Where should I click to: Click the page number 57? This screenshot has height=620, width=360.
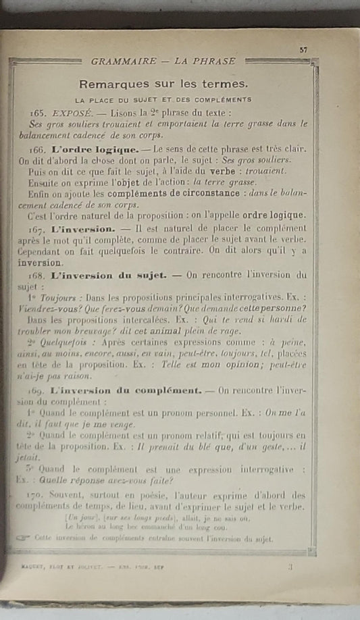[x=304, y=49]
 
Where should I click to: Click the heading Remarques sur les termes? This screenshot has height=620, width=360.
[x=163, y=84]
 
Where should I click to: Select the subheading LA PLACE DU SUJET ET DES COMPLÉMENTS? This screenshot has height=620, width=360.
[x=163, y=99]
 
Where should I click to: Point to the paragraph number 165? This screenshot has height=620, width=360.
[x=39, y=113]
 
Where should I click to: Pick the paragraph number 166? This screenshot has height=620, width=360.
[x=40, y=149]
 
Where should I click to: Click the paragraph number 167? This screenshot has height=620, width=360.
[x=40, y=230]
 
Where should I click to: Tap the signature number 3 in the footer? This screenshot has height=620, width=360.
[x=290, y=567]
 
